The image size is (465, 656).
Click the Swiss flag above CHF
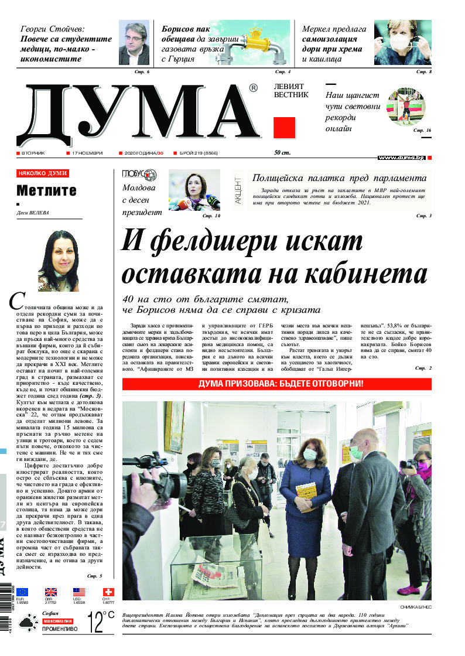pos(108,592)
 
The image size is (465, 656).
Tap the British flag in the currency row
pos(51,592)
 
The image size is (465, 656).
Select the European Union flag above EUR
pos(22,592)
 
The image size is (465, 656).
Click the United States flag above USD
pos(79,592)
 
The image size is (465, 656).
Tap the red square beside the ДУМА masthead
pos(284,127)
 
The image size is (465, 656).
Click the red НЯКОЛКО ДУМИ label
pos(42,173)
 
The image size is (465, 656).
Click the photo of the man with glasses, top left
pos(133,44)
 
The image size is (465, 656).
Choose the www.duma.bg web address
pos(401,158)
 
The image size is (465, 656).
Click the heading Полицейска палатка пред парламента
pos(339,178)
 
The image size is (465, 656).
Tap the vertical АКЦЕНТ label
pos(238,190)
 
